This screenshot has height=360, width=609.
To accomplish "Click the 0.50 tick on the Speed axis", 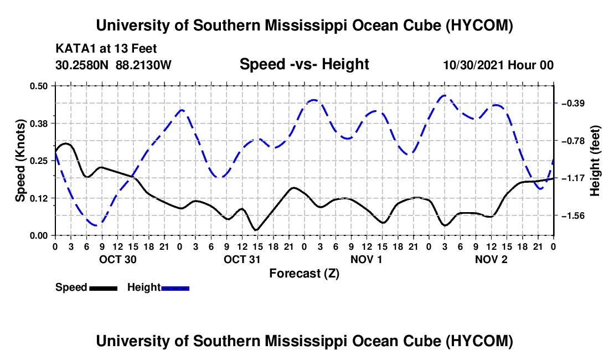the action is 38,86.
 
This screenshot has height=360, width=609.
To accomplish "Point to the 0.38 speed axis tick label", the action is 38,124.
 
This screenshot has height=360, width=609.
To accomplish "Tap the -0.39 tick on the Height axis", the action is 572,104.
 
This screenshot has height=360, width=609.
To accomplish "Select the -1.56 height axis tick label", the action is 572,215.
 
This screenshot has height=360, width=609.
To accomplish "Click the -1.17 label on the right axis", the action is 572,178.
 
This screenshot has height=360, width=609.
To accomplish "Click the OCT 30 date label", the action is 118,259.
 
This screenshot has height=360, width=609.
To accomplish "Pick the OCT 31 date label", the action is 242,259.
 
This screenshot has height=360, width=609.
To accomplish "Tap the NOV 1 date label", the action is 367,259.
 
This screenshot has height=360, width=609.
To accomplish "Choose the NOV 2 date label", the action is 491,259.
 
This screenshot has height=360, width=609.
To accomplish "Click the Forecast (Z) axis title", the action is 304,274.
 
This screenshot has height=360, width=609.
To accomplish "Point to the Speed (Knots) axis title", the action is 20,161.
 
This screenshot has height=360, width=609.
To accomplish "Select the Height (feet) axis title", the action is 595,161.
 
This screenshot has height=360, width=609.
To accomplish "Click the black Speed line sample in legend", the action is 104,288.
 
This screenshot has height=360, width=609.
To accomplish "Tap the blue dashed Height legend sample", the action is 175,288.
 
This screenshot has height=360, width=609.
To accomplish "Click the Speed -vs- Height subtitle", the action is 304,64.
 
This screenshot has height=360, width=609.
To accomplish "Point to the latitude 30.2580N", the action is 82,65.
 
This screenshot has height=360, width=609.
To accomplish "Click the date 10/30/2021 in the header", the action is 473,65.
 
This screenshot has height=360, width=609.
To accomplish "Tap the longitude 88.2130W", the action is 143,65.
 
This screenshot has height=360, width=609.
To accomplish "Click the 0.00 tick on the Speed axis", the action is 38,235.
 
